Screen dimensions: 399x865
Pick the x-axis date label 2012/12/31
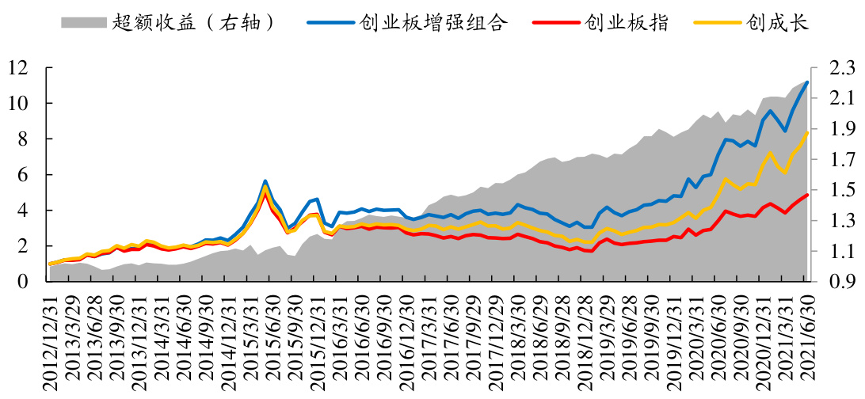coord(51,341)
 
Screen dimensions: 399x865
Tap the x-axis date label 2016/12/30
coord(408,341)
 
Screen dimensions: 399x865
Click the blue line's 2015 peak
coord(265,181)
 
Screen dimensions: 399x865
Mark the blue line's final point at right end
coord(807,82)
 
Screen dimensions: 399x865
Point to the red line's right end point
coord(807,195)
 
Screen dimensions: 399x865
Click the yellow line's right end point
coord(807,133)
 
